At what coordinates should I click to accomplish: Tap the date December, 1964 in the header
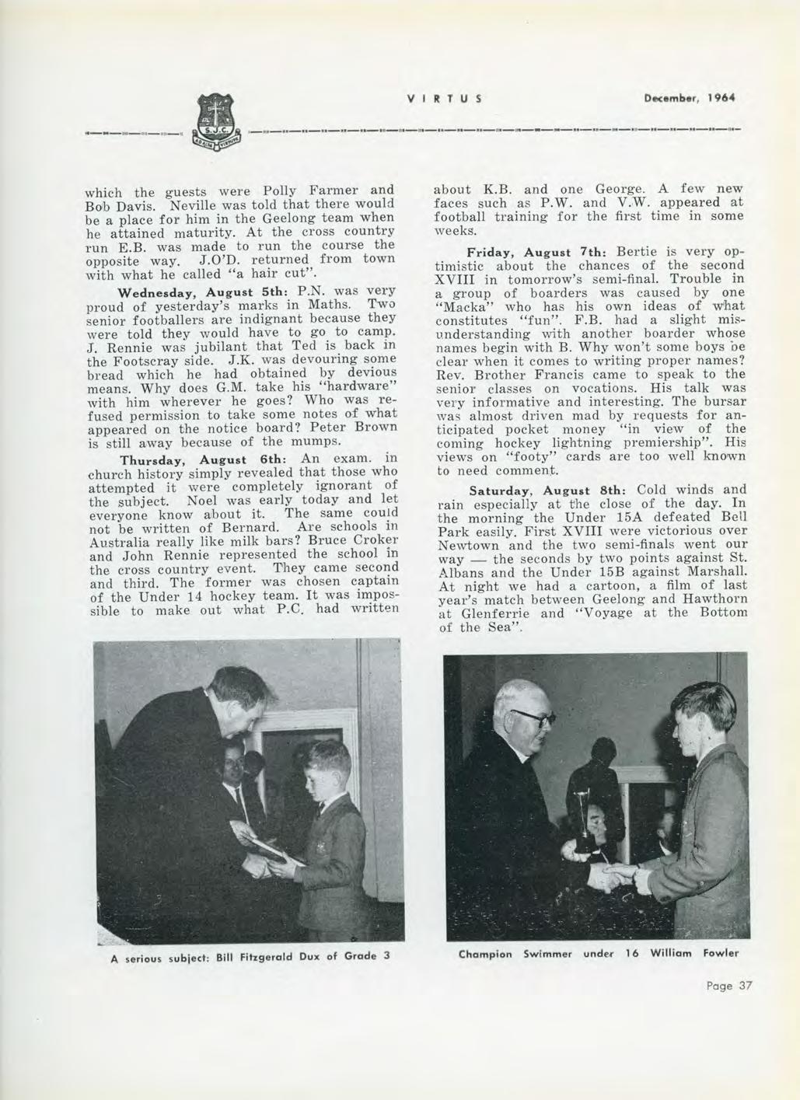(688, 99)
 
